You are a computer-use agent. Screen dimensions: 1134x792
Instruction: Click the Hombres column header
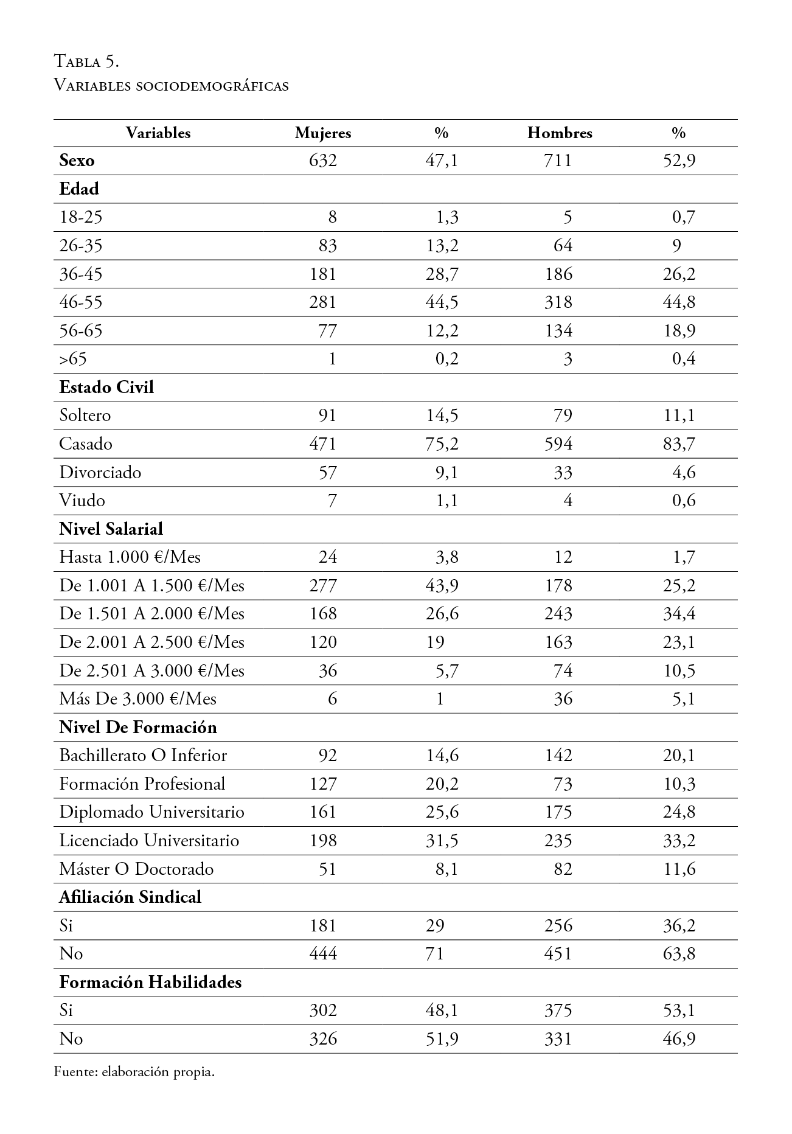[559, 133]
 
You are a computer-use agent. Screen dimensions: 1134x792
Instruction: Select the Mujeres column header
[322, 133]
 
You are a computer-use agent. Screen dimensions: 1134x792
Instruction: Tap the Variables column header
[158, 133]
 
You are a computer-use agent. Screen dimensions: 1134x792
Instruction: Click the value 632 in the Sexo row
[322, 161]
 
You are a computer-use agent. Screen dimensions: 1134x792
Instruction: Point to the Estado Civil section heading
[106, 388]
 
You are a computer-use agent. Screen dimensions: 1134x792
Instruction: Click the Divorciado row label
[100, 472]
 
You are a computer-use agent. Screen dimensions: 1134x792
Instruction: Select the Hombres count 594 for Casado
[558, 444]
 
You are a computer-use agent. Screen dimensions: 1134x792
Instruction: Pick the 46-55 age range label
[81, 302]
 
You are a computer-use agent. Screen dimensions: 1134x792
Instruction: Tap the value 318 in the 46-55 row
[558, 302]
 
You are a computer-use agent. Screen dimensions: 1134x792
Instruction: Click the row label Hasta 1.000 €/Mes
[130, 557]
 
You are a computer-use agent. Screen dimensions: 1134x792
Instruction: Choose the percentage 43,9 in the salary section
[442, 585]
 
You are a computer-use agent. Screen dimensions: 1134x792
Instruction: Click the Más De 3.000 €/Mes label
[137, 699]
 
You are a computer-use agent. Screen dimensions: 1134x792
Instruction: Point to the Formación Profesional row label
[142, 784]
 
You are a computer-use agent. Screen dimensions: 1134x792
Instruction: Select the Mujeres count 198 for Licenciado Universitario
[322, 841]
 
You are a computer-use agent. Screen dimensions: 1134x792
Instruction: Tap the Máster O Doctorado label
[136, 869]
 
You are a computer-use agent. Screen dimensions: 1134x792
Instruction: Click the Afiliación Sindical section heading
[130, 897]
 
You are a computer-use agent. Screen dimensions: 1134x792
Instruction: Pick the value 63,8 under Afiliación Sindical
[679, 953]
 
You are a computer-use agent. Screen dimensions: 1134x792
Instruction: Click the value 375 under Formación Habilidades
[558, 1010]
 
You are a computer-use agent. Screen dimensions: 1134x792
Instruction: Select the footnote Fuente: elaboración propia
[134, 1072]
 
